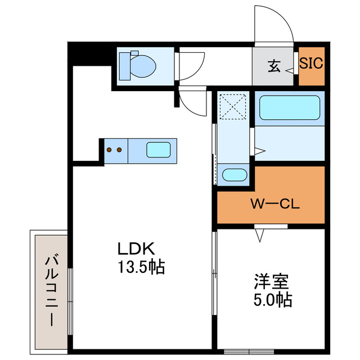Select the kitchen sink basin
pyautogui.click(x=159, y=150)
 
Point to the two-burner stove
pyautogui.click(x=115, y=150)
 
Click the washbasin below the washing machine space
pyautogui.click(x=234, y=175)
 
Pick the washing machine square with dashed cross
pyautogui.click(x=233, y=106)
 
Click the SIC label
pyautogui.click(x=311, y=64)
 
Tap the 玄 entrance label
pyautogui.click(x=274, y=65)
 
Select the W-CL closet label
pyautogui.click(x=274, y=204)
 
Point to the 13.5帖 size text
pyautogui.click(x=141, y=268)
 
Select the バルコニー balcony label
pyautogui.click(x=51, y=290)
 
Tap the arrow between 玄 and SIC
pyautogui.click(x=289, y=71)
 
